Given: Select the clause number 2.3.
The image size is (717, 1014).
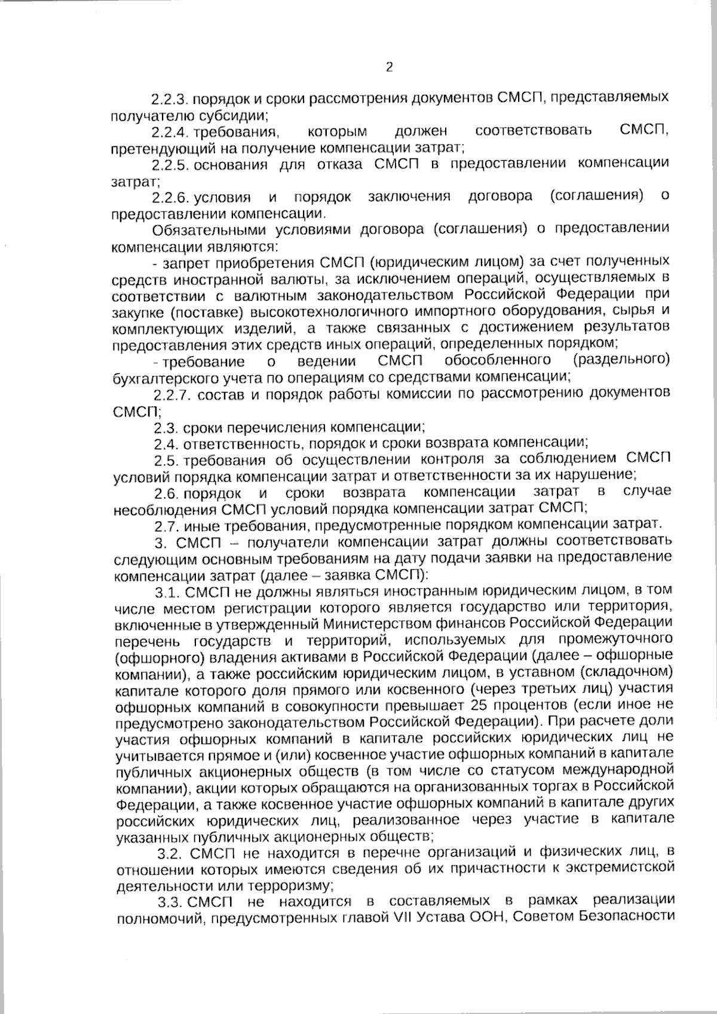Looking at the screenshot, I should (x=165, y=428).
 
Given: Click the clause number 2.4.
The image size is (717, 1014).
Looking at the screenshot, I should (x=165, y=443).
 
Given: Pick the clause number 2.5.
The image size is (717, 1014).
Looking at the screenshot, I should (x=165, y=460).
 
